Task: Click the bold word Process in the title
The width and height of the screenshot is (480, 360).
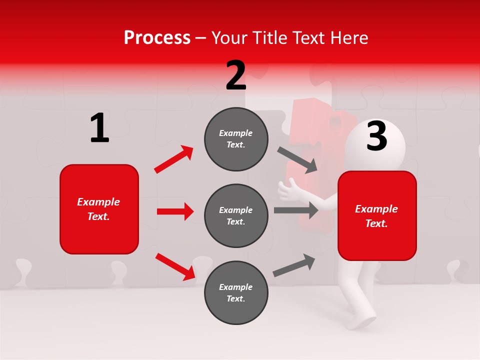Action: pos(157,37)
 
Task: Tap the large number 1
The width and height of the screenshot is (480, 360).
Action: pos(99,128)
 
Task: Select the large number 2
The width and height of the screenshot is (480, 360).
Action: pos(236,75)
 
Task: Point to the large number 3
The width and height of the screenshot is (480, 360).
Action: pos(376,136)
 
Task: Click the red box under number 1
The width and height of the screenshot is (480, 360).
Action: pos(99,209)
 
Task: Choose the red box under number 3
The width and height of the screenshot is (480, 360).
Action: pos(377,216)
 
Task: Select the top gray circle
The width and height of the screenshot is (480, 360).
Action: pos(236,139)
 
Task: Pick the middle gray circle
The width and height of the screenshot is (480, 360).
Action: pos(236,215)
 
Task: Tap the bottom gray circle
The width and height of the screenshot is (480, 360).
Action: pos(236,292)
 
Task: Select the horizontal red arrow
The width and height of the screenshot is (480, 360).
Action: pos(175,211)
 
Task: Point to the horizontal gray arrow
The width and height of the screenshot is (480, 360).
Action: pos(296,210)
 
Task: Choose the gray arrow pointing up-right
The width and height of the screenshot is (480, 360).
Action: pos(294,265)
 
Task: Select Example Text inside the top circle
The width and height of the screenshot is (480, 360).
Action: pos(236,139)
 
